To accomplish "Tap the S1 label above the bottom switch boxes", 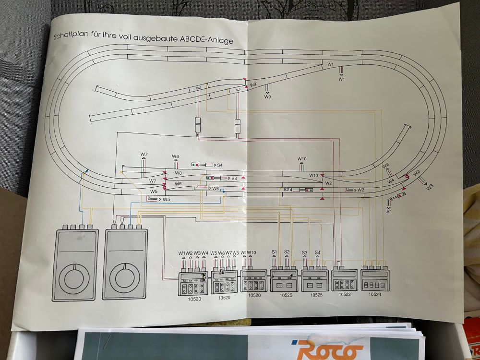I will point(275,252).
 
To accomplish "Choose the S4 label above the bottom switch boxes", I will point(317,252).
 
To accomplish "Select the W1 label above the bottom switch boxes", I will point(182,253).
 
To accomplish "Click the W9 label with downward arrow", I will point(268,96).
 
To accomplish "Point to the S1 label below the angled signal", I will point(389,211).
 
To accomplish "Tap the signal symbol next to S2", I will point(307,190).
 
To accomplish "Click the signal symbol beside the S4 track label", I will point(195,165).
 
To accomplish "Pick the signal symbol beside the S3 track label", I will point(210,178).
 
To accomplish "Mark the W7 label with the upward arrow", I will point(144,154).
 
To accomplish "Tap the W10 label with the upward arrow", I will point(301,158).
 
